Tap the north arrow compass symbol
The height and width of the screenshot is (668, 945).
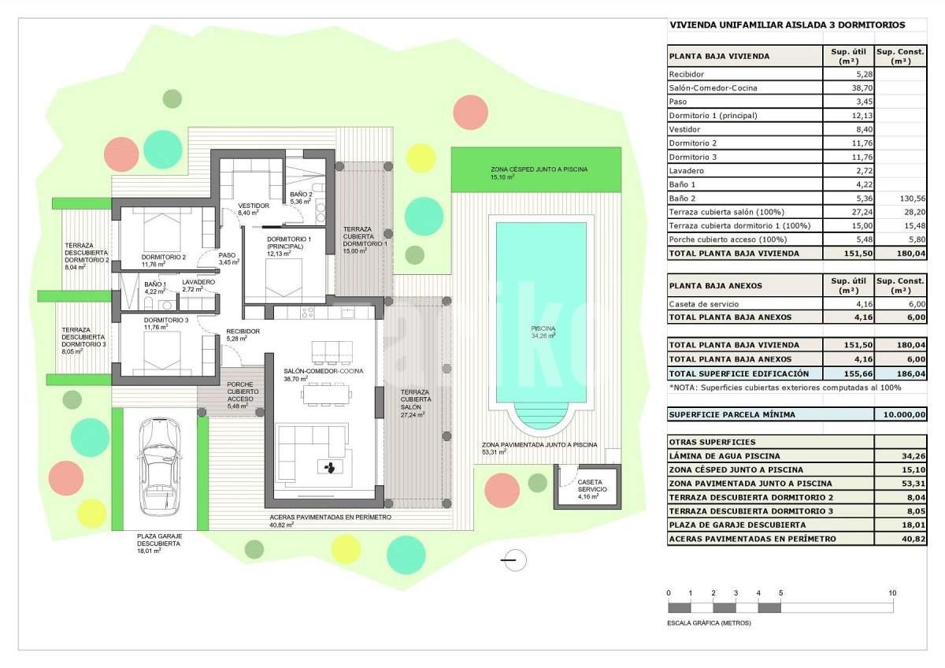click(x=513, y=560)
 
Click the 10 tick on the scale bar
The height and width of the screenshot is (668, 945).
click(x=892, y=593)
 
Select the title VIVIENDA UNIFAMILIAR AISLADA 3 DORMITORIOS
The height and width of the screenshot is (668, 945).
click(x=787, y=25)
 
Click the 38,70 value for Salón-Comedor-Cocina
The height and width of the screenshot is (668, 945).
click(x=862, y=87)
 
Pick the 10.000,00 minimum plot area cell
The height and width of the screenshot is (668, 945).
click(x=905, y=414)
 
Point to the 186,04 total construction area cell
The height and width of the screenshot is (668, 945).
click(x=911, y=373)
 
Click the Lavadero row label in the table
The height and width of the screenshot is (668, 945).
click(x=686, y=170)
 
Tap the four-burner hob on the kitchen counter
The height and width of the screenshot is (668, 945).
click(x=308, y=313)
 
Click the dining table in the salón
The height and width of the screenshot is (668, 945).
click(x=326, y=395)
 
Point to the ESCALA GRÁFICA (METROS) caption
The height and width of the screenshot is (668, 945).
click(x=709, y=623)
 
